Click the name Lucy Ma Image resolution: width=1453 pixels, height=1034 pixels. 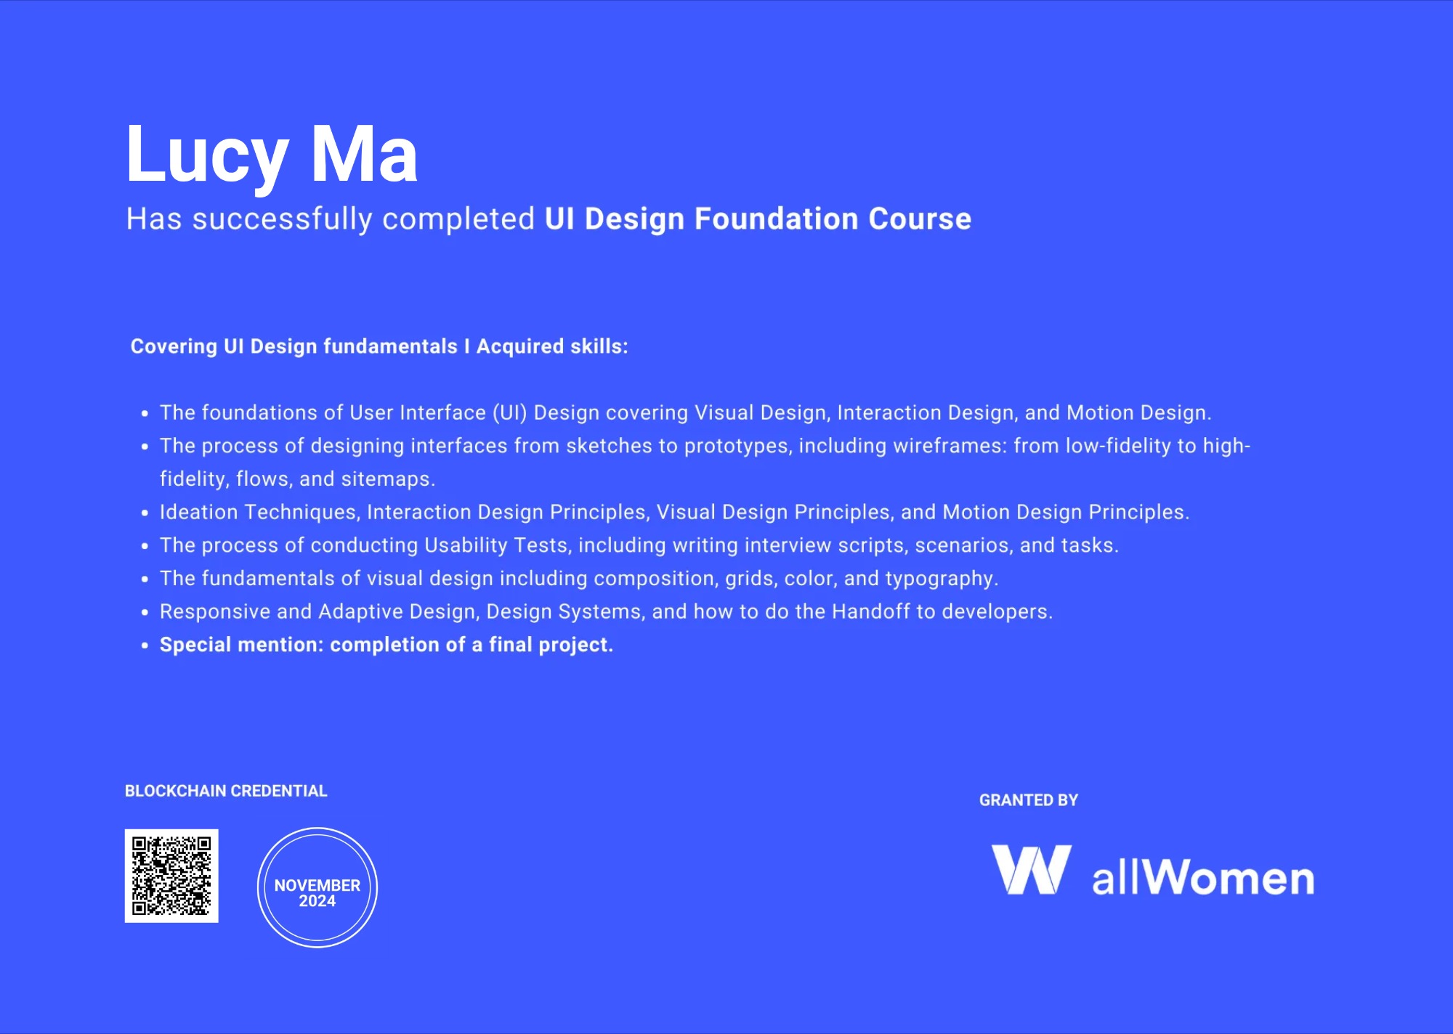272,155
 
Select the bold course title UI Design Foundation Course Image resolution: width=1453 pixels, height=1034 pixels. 758,219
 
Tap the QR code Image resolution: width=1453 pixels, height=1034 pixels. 171,876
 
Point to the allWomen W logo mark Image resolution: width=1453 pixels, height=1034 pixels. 1031,869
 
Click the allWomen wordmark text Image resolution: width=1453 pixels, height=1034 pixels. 1203,877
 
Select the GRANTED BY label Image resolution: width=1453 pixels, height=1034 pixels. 1029,800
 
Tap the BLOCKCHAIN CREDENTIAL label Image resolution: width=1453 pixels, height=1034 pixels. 226,791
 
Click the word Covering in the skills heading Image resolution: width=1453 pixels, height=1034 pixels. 174,347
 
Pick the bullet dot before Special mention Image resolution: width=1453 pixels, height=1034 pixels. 145,645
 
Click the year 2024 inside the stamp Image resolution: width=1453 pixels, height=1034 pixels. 317,901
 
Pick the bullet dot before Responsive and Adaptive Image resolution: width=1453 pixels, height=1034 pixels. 145,612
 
